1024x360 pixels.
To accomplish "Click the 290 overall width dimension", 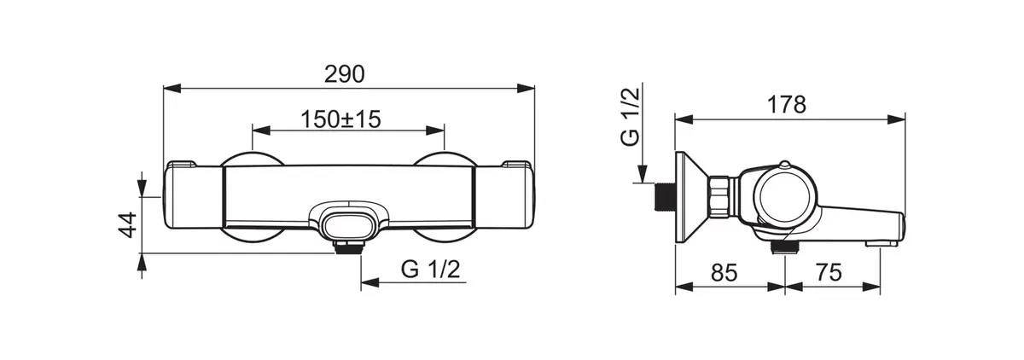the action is pos(344,74).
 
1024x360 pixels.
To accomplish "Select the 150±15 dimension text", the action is pos(340,119).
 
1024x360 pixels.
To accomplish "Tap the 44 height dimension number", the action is pos(128,224).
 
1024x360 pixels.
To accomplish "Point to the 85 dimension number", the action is pos(724,273).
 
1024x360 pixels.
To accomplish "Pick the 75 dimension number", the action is pos(829,273).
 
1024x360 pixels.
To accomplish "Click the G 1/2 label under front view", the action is pos(431,270).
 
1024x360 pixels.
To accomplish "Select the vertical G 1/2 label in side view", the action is pos(630,117).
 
